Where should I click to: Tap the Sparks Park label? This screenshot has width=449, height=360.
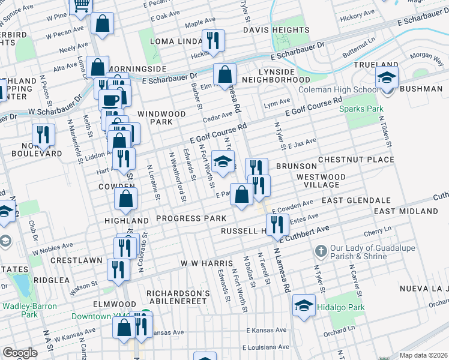361,109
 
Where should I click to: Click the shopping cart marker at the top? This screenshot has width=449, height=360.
80,6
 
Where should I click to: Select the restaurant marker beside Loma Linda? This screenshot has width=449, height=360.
212,41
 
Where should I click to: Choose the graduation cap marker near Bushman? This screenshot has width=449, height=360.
387,77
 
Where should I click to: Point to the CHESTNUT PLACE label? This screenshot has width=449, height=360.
356,160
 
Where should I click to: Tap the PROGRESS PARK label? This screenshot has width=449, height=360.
191,218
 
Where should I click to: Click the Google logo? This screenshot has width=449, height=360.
20,353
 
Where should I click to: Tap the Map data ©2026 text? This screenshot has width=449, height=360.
423,355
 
